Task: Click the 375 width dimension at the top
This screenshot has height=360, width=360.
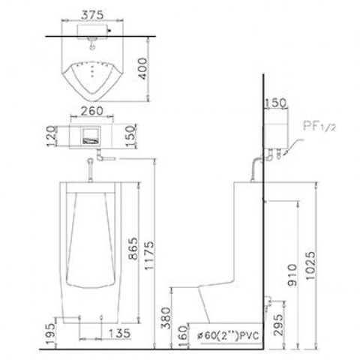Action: click(x=91, y=13)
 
